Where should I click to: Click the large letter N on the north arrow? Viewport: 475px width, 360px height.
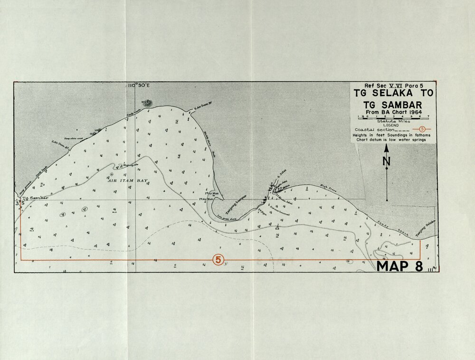coord(387,161)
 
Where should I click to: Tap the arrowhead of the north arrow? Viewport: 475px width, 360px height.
coord(387,148)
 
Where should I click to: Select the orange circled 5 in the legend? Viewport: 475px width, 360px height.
coord(422,129)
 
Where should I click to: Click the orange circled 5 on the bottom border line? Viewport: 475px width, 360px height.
coord(218,260)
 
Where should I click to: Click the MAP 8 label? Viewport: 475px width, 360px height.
coord(399,266)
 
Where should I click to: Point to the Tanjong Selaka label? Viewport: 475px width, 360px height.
coord(425,229)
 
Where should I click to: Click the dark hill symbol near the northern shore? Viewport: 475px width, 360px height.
coord(148,103)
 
